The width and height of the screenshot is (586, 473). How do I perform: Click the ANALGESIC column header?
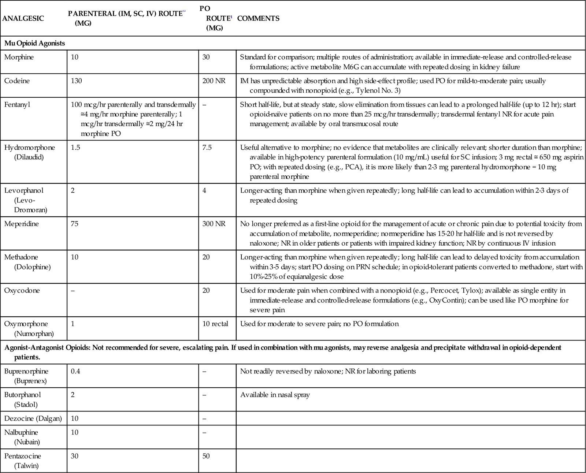[x=23, y=19]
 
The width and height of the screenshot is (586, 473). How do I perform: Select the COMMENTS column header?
[x=258, y=19]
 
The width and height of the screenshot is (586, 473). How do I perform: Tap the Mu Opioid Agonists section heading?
[x=35, y=43]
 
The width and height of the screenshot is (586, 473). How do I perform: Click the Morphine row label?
[x=19, y=57]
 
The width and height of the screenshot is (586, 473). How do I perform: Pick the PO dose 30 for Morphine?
[x=206, y=57]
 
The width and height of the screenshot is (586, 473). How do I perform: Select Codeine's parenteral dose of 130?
[x=76, y=81]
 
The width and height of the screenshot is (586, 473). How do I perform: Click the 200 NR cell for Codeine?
[x=214, y=81]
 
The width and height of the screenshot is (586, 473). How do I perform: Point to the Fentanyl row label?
[x=17, y=105]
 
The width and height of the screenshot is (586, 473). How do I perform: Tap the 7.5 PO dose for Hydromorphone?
[x=207, y=148]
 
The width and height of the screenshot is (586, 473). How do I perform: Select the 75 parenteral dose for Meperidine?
[x=74, y=224]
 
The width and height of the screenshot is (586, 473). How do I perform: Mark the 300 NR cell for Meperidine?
[x=214, y=224]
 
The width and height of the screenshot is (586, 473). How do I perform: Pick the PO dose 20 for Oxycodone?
[x=206, y=290]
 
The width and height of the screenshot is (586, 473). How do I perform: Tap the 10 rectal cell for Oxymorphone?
[x=215, y=324]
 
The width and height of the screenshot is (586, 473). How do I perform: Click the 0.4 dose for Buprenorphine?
[x=75, y=371]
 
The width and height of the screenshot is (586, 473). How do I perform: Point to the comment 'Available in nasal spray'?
[x=275, y=395]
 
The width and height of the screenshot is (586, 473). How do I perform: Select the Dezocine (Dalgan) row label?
[x=33, y=418]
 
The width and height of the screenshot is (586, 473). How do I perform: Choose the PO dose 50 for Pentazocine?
[x=206, y=456]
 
